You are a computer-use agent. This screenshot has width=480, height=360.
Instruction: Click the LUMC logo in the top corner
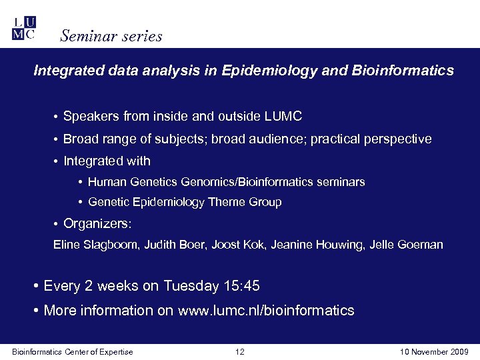click(24, 28)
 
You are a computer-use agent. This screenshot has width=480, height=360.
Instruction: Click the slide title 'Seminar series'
click(111, 36)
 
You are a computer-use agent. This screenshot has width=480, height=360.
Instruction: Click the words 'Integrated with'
click(107, 161)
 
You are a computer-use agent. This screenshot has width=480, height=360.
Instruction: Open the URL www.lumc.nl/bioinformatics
click(266, 310)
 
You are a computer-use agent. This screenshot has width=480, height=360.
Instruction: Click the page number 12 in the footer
click(241, 351)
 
